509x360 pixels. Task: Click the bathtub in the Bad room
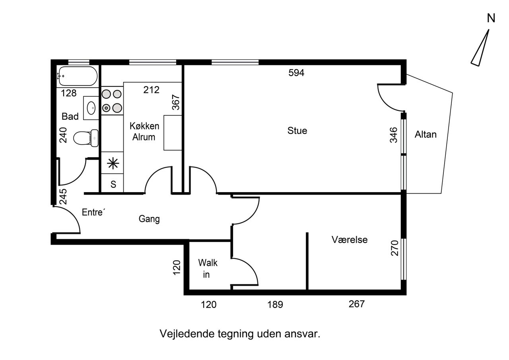pos(77,76)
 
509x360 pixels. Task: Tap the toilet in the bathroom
pos(86,138)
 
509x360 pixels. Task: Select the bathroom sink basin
pos(91,108)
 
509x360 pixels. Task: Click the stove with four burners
pos(112,101)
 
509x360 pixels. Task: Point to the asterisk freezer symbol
pos(113,163)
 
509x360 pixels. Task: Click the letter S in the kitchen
pos(113,184)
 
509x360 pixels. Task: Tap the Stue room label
pos(297,131)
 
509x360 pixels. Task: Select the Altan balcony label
pos(425,134)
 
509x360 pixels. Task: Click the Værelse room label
pos(350,239)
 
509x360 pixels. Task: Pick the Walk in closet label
pos(208,269)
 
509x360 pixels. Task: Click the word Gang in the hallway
pos(149,219)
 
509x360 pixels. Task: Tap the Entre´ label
pos(93,212)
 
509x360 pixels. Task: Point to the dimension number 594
pos(296,73)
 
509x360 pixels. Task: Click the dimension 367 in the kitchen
pos(176,102)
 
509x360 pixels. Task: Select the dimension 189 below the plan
pos(275,305)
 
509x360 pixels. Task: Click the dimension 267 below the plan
pos(357,304)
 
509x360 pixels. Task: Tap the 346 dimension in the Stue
pos(394,135)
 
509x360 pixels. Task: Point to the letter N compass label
pos(491,18)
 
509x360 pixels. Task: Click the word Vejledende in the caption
pos(187,334)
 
